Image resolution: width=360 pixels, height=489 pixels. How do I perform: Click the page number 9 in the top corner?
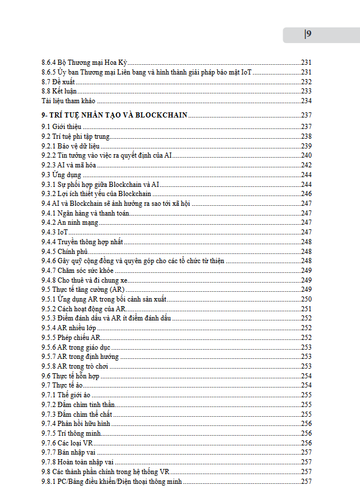pos(308,34)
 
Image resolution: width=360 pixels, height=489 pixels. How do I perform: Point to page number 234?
pos(306,101)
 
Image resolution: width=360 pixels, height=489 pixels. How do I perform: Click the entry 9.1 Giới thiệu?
pos(61,126)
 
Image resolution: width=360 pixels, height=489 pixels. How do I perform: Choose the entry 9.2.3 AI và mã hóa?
pos(69,165)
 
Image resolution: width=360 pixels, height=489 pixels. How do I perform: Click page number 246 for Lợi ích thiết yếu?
pos(306,194)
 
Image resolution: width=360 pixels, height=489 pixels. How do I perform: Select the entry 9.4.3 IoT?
pos(54,232)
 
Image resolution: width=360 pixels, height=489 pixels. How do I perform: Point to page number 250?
pos(306,299)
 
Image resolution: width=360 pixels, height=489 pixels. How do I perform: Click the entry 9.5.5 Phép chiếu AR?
pos(71,338)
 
